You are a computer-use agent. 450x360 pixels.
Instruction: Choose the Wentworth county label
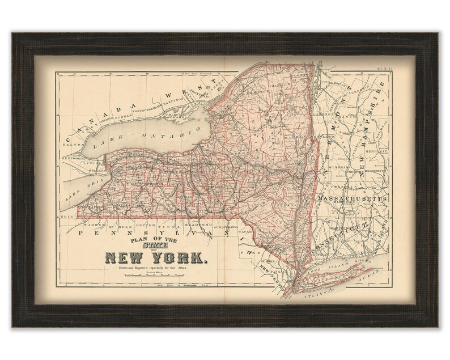[74, 158]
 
